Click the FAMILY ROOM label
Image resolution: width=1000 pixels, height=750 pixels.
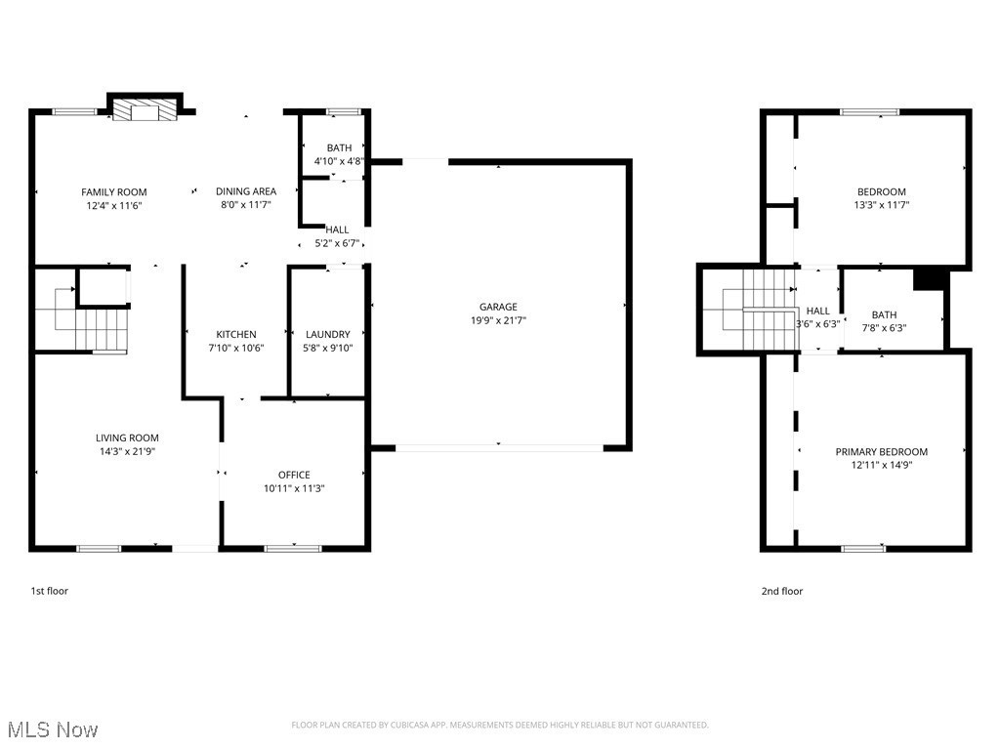(x=113, y=192)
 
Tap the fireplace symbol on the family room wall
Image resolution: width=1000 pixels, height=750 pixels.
(x=146, y=109)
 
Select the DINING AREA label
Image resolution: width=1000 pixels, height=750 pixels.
(x=246, y=191)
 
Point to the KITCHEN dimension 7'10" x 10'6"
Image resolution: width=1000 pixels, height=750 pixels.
(x=236, y=348)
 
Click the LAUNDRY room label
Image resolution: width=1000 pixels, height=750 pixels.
(x=327, y=334)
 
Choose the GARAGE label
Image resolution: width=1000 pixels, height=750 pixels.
(x=498, y=307)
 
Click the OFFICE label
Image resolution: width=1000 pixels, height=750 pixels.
(x=294, y=475)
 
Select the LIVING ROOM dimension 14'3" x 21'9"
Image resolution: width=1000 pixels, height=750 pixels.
(x=127, y=451)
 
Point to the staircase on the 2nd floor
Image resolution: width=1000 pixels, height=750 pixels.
(x=757, y=308)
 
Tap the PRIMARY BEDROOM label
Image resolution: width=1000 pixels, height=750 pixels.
(x=881, y=451)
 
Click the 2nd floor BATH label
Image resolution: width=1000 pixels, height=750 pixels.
(x=884, y=314)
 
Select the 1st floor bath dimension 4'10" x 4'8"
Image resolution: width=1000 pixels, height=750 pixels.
(x=333, y=161)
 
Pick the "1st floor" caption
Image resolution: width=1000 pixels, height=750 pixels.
(x=50, y=591)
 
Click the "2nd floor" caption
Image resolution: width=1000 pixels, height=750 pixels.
(x=782, y=591)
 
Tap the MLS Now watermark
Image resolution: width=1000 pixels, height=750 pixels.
(x=53, y=729)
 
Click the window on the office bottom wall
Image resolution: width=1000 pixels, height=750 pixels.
(x=293, y=548)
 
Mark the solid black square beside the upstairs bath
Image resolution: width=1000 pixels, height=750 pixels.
(x=931, y=278)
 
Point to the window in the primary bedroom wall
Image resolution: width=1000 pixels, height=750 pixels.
(x=863, y=548)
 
